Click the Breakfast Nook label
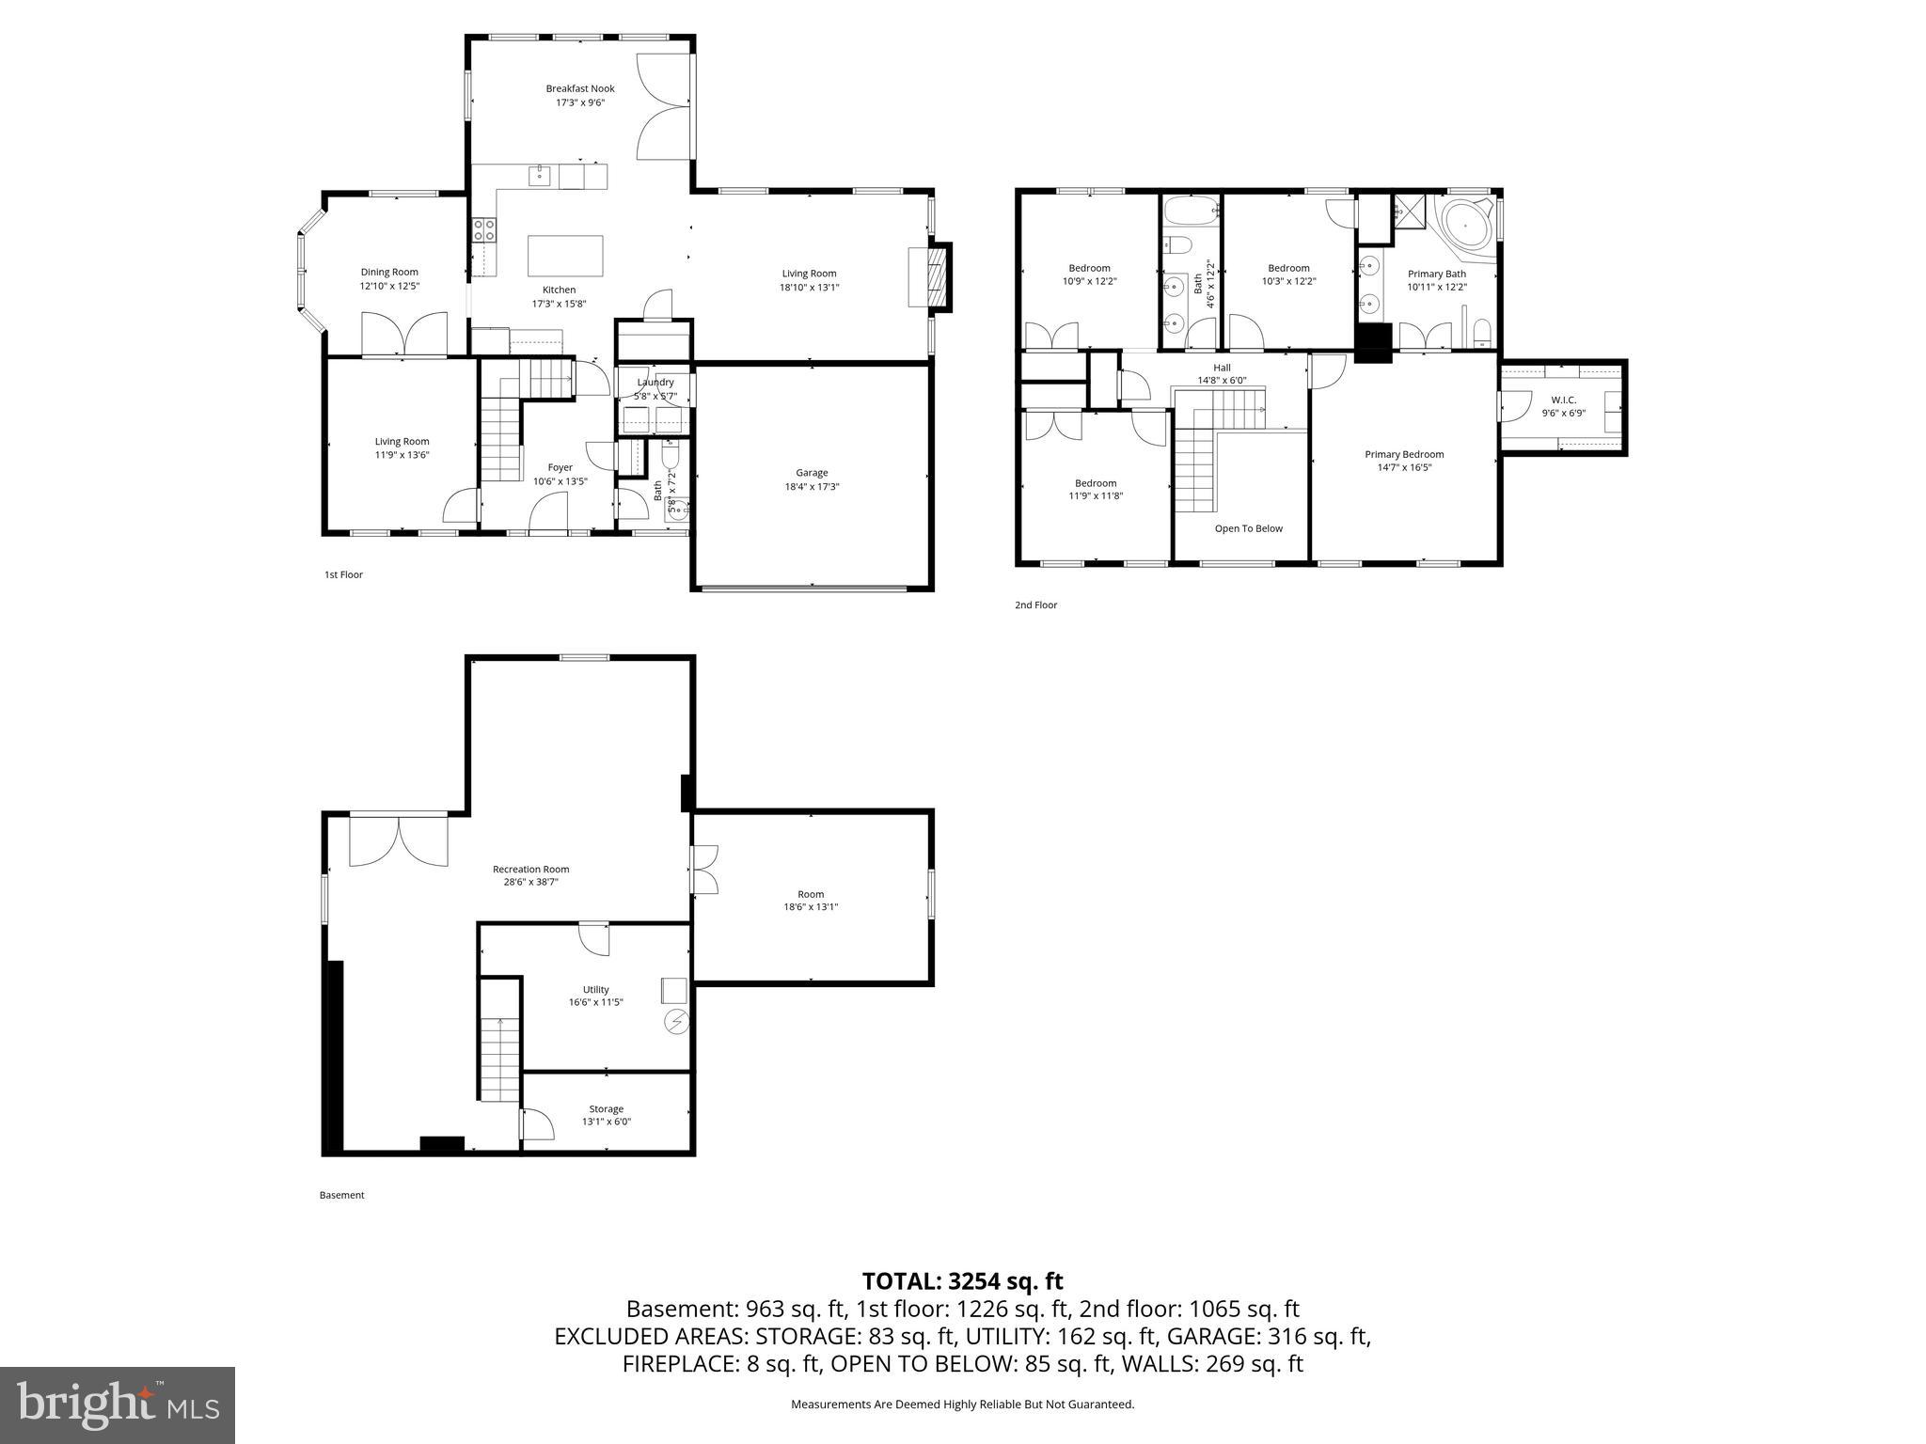click(579, 88)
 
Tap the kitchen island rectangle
click(565, 255)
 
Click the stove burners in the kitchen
click(483, 230)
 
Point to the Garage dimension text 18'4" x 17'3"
click(812, 487)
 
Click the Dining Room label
click(389, 272)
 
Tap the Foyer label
click(560, 467)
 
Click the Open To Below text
click(1248, 528)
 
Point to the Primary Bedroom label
click(1404, 454)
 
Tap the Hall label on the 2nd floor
click(1222, 368)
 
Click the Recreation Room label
click(530, 869)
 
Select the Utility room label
click(595, 989)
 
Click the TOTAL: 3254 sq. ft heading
click(962, 1280)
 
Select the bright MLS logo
click(118, 1405)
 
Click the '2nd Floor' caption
click(1035, 604)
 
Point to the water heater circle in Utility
click(676, 1022)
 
